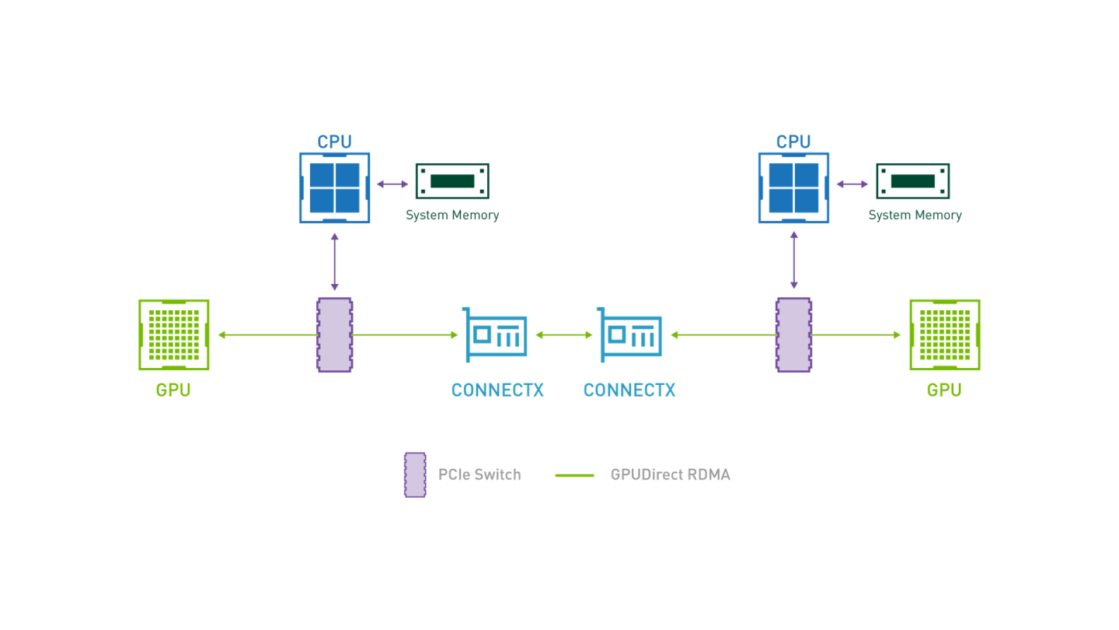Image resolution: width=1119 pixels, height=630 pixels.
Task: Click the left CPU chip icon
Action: [x=334, y=187]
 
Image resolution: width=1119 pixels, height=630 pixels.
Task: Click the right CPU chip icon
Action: [x=793, y=187]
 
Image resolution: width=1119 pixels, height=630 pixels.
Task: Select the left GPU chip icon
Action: [x=174, y=334]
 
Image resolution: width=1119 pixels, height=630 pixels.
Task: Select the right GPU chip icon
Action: [x=944, y=334]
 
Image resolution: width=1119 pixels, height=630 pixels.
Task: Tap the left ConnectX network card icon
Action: [x=496, y=334]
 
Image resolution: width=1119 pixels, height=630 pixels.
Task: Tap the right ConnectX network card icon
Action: [x=630, y=334]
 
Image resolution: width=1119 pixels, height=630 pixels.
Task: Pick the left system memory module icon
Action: [x=452, y=181]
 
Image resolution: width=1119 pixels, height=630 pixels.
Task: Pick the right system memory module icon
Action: [x=913, y=181]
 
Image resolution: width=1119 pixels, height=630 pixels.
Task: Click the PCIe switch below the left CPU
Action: [x=334, y=334]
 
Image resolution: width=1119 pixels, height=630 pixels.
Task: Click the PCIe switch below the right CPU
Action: [x=793, y=334]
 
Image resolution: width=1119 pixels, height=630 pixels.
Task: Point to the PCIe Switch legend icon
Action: [x=415, y=474]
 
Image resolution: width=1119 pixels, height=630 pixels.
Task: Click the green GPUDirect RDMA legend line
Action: [x=575, y=475]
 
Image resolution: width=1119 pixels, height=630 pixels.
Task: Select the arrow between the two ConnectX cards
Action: [x=564, y=334]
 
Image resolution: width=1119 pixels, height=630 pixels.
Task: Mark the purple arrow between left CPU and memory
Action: [x=392, y=184]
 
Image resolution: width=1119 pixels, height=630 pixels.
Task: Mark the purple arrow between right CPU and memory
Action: [x=852, y=184]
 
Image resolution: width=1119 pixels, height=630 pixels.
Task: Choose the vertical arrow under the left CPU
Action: [x=334, y=261]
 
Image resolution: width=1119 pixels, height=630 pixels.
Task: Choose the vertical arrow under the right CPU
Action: [x=793, y=261]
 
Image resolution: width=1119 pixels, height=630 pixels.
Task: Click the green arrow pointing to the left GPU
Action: [x=264, y=334]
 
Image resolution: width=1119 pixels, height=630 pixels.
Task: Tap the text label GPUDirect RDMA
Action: [x=670, y=474]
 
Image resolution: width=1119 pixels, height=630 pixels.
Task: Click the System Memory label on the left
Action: [x=452, y=215]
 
